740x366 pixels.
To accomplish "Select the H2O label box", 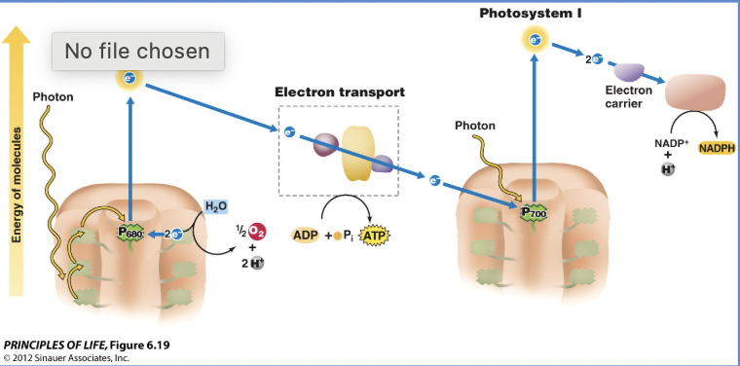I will click(x=215, y=206).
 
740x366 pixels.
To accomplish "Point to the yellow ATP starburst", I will click(x=374, y=235).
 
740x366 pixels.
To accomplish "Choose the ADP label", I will click(x=305, y=235).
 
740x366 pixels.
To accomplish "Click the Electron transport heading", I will click(x=339, y=92).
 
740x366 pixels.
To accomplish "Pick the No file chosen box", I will click(x=137, y=51).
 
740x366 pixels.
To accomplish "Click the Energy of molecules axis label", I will click(x=17, y=185).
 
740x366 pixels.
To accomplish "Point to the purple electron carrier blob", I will click(x=628, y=71).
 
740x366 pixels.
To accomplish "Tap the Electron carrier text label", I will click(x=628, y=97).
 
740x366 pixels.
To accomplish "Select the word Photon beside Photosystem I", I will click(x=475, y=126).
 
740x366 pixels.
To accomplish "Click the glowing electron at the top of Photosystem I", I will click(x=534, y=40).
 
